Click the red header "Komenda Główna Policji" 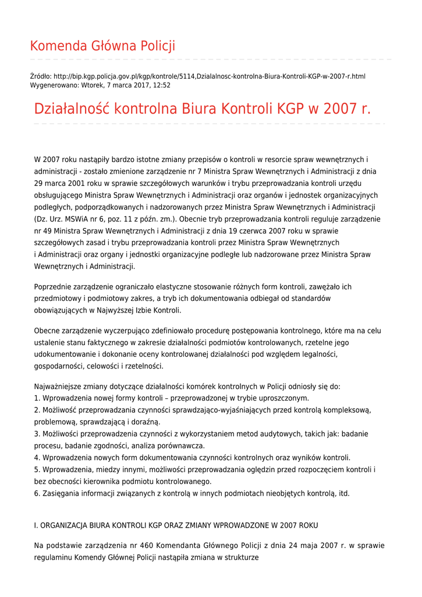click(102, 46)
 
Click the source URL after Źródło click(209, 76)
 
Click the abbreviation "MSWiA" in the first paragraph click(83, 219)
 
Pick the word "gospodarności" click(58, 366)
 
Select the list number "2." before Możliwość click(37, 410)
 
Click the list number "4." click(37, 458)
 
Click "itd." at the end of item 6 click(344, 493)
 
